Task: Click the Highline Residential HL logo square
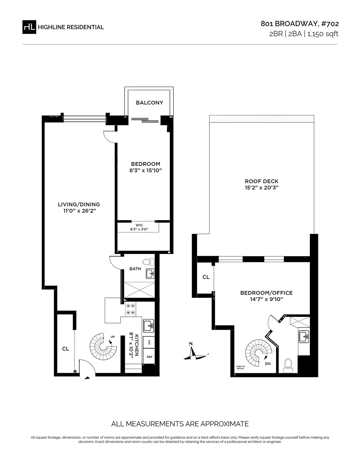click(x=29, y=27)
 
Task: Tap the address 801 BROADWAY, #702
click(x=300, y=24)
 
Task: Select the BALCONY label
click(x=149, y=103)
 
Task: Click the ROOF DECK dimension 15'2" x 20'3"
click(x=262, y=188)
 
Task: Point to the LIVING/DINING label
click(x=79, y=204)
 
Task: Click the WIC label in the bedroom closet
click(x=139, y=225)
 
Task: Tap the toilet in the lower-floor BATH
click(x=148, y=262)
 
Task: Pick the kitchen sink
click(x=148, y=326)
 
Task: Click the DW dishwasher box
click(x=149, y=343)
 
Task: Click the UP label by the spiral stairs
click(x=112, y=337)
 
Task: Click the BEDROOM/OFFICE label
click(x=266, y=293)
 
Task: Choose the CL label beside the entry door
click(x=65, y=349)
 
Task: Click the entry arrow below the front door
click(x=87, y=378)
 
